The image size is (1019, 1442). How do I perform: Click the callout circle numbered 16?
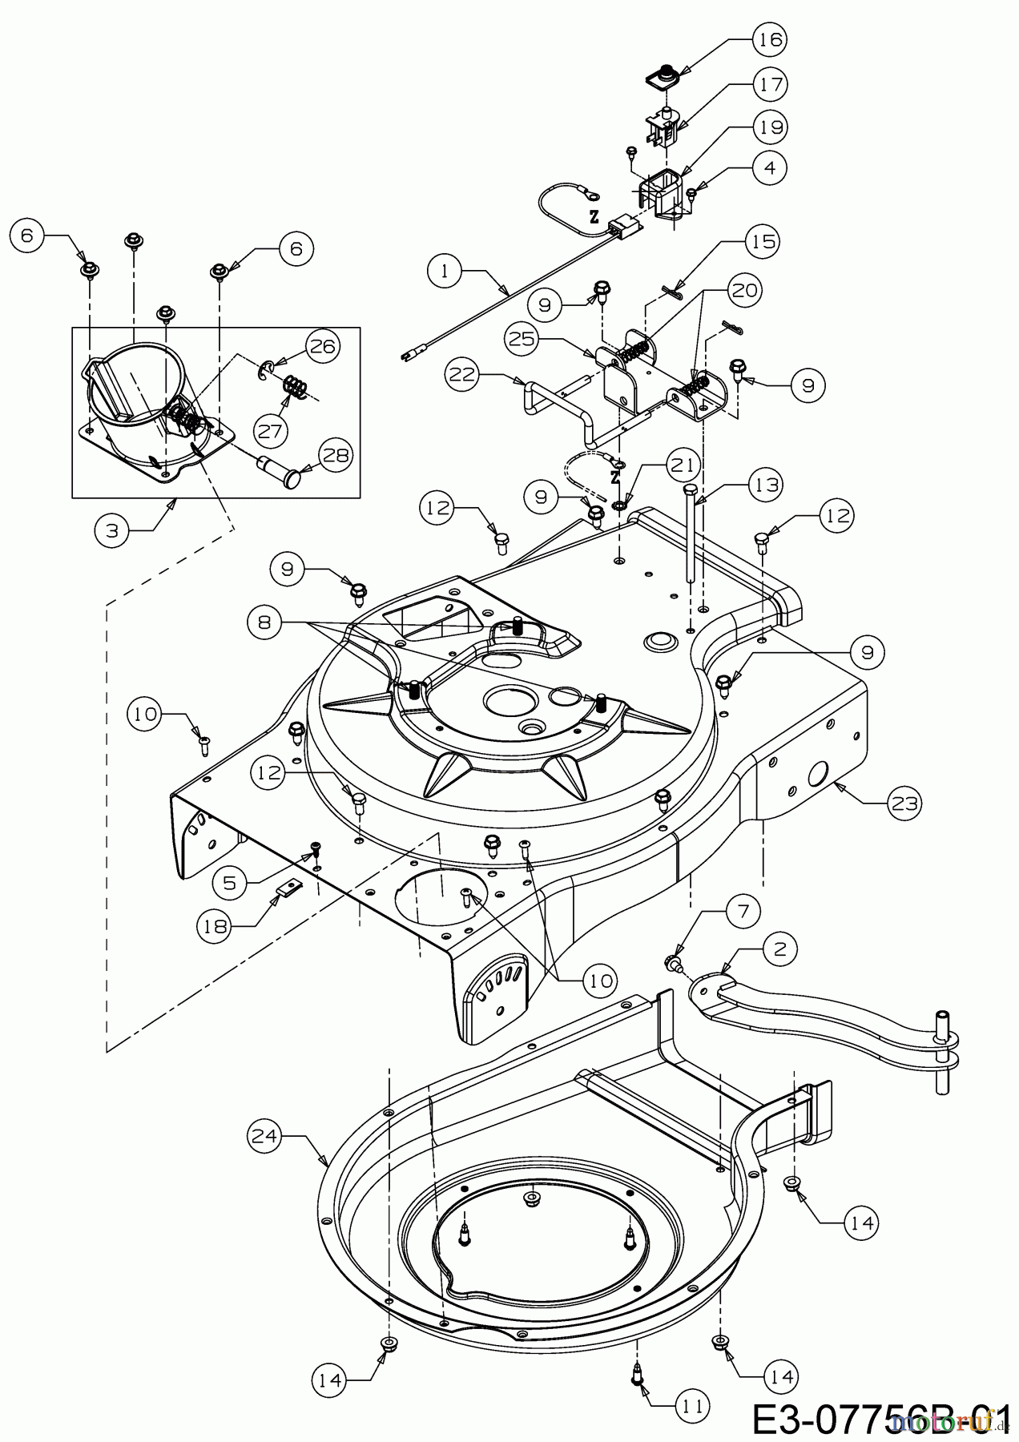click(x=768, y=39)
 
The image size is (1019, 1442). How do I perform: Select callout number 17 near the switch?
click(x=768, y=83)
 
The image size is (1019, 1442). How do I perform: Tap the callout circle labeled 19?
click(x=768, y=127)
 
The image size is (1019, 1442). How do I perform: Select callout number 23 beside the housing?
click(x=902, y=803)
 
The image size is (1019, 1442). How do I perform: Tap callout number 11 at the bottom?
click(x=691, y=1404)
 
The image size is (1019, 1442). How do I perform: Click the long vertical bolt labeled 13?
click(x=690, y=537)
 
